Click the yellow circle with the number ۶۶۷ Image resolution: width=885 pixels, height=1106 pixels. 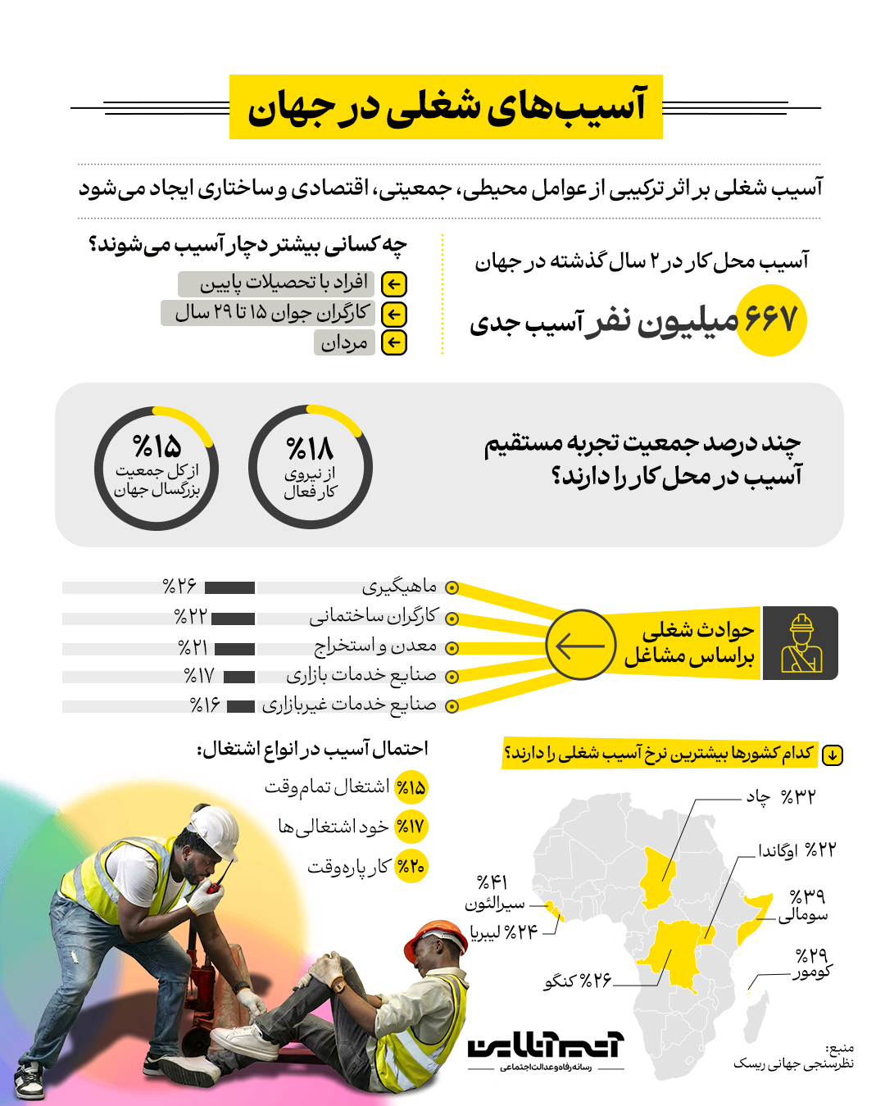(x=771, y=320)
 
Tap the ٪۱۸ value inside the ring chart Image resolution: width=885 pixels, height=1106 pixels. (x=310, y=448)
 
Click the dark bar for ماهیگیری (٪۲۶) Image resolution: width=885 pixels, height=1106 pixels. (x=229, y=587)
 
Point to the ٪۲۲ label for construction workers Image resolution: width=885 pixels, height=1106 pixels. (x=190, y=616)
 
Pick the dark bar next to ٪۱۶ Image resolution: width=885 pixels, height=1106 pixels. (x=241, y=706)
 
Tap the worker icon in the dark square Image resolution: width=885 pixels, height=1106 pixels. (x=801, y=643)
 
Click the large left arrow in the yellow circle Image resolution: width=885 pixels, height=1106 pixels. (x=580, y=645)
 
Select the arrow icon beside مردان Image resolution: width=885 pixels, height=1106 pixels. (x=394, y=342)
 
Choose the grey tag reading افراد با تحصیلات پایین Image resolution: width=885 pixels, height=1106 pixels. (x=275, y=283)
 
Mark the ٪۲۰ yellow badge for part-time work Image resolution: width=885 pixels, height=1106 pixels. (x=411, y=867)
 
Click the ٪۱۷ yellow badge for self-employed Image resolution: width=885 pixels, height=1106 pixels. (x=411, y=827)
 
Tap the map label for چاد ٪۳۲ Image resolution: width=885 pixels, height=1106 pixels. (x=780, y=796)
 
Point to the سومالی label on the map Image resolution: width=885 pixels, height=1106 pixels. (x=803, y=915)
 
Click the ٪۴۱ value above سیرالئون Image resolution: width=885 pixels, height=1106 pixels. (x=492, y=882)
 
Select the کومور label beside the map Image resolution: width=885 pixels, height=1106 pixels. (x=812, y=972)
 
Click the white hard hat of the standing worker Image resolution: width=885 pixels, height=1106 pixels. (x=211, y=827)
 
